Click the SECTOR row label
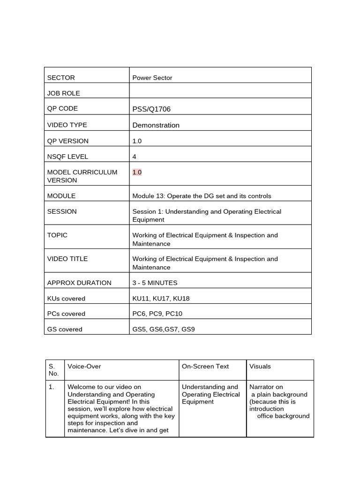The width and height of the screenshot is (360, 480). pos(61,78)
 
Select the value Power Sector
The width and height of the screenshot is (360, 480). pos(152,78)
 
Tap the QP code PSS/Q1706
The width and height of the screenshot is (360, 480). pos(151,109)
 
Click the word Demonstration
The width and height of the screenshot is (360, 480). pos(156,125)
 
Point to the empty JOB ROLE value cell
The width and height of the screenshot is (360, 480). pos(220,91)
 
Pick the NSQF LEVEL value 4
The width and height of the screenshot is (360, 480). pos(135,157)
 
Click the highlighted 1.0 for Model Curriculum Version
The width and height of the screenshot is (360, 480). pos(137,172)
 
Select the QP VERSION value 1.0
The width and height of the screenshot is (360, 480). pos(137,141)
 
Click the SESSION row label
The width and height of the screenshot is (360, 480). pos(62,211)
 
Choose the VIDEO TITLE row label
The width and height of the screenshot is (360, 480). pos(67,259)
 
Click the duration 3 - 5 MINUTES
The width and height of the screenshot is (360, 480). pos(155,283)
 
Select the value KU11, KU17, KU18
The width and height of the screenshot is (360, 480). pos(161,298)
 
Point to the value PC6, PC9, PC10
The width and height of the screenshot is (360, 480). pos(157,314)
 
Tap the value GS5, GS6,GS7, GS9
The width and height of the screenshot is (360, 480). pos(163,329)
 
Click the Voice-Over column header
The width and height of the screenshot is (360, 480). pos(84,366)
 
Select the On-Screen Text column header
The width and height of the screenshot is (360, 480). pos(205,366)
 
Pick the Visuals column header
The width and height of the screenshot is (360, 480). pos(260,366)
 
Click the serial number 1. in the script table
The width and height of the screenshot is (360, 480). pos(51,387)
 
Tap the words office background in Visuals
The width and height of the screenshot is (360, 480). pos(284,416)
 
